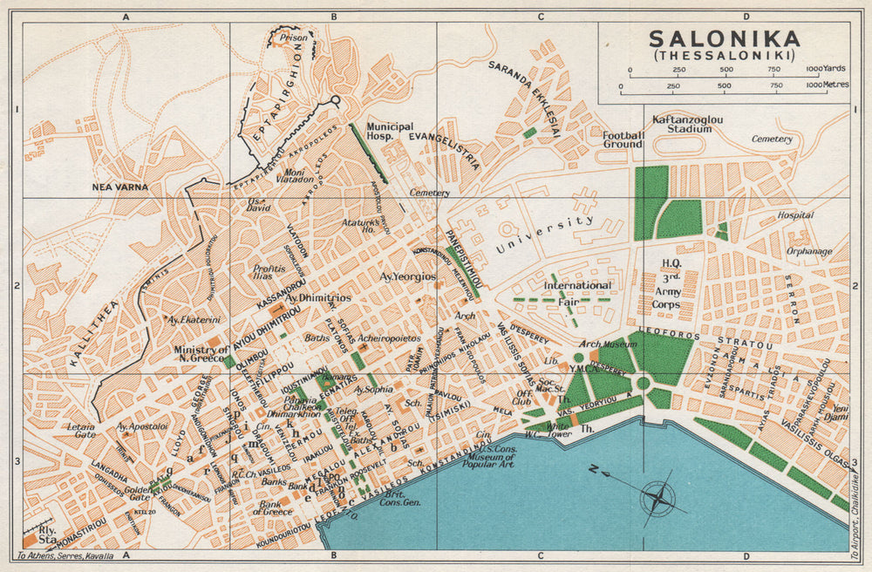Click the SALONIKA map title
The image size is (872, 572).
pyautogui.click(x=723, y=38)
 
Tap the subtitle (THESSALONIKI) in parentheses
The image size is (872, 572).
pyautogui.click(x=723, y=55)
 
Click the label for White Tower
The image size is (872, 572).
pyautogui.click(x=558, y=428)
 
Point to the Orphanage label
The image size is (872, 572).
pyautogui.click(x=808, y=252)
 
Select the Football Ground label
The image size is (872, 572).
pyautogui.click(x=623, y=140)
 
